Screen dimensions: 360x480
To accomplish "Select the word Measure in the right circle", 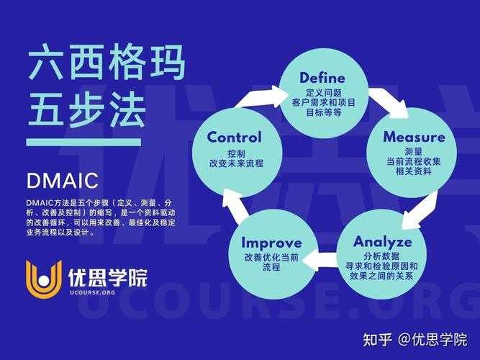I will coord(414,137).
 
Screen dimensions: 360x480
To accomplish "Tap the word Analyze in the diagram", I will coord(382,241).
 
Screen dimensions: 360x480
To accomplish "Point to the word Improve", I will coord(271,243).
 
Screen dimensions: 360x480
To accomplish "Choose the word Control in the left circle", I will coord(235,138).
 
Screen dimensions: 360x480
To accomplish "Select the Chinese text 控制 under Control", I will coord(235,153).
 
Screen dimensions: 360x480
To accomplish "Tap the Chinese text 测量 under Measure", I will coord(414,152).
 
